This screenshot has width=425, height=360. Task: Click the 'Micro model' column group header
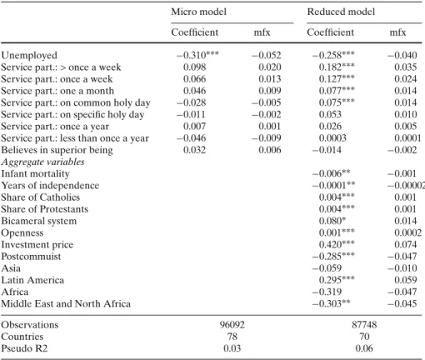coord(198,12)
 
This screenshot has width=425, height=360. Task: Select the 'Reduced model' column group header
coord(341,12)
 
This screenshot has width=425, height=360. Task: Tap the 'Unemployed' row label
coord(29,55)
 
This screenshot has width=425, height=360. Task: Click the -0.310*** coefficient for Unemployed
coord(197,55)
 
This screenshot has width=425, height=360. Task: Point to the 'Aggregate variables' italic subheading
coord(42,162)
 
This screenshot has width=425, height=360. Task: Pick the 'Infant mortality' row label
coord(35,173)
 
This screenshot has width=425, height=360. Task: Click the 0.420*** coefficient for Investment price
coord(337,244)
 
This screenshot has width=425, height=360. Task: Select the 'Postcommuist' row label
coord(31,257)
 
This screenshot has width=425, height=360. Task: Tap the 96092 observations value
coord(232,325)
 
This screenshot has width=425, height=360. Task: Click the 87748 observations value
coord(364,325)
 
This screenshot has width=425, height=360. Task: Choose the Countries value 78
coord(232,337)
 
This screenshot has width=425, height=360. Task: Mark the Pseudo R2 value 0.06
coord(364,348)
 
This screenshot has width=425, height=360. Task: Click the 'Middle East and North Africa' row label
coord(66,303)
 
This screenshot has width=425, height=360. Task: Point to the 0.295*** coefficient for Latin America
coord(337,280)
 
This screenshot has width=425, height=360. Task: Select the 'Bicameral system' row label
coord(39,221)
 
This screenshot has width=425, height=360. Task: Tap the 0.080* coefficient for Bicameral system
coord(332,221)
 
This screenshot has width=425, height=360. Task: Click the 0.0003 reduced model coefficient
coord(332,138)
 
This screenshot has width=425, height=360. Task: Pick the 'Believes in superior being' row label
coord(57,150)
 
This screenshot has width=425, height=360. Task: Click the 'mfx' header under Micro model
coord(262,32)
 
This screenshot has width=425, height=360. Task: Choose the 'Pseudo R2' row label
coord(24,348)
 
